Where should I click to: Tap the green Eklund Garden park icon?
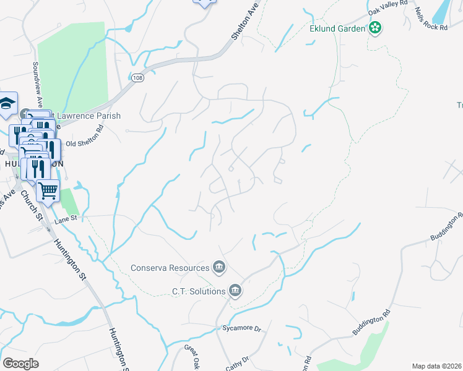(x=374, y=28)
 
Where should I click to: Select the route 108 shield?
(x=137, y=77)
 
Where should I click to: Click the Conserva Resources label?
(x=170, y=268)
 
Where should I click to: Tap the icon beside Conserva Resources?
(x=219, y=267)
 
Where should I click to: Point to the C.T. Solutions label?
(x=199, y=290)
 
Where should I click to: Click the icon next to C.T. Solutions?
(x=235, y=290)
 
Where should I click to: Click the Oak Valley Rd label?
(x=388, y=7)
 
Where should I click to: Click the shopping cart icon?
(x=48, y=190)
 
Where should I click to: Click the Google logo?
(x=21, y=363)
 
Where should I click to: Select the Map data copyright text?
(x=436, y=366)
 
